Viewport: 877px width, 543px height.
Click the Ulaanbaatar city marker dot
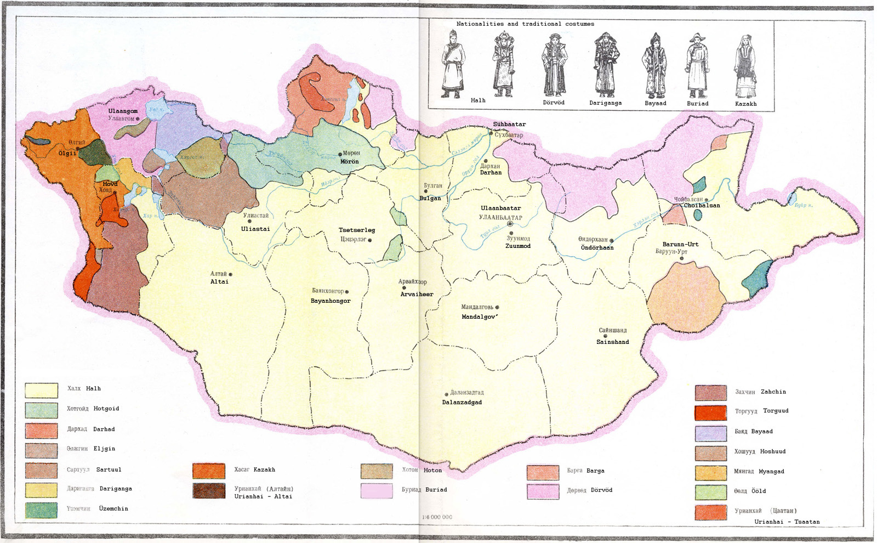(510, 224)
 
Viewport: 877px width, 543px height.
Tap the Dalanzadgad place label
(462, 402)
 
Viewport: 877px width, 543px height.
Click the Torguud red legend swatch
(711, 412)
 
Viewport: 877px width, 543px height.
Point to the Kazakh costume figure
(745, 66)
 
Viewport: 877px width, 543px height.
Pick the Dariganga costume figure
(606, 65)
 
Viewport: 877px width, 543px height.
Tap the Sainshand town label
(612, 342)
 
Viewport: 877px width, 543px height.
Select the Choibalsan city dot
(706, 200)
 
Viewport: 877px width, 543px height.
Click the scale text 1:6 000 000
(437, 517)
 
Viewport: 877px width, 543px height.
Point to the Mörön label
(349, 161)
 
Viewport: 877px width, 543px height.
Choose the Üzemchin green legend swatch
(41, 510)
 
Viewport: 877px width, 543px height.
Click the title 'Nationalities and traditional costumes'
(525, 24)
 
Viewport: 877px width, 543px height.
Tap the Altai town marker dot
(230, 274)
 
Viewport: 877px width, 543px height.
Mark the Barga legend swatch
(543, 472)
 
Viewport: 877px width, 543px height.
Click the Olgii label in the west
(67, 153)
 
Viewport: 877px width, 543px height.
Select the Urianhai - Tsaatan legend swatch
(711, 512)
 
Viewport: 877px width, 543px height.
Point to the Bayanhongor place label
(331, 301)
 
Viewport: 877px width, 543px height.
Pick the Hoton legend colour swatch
(377, 471)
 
